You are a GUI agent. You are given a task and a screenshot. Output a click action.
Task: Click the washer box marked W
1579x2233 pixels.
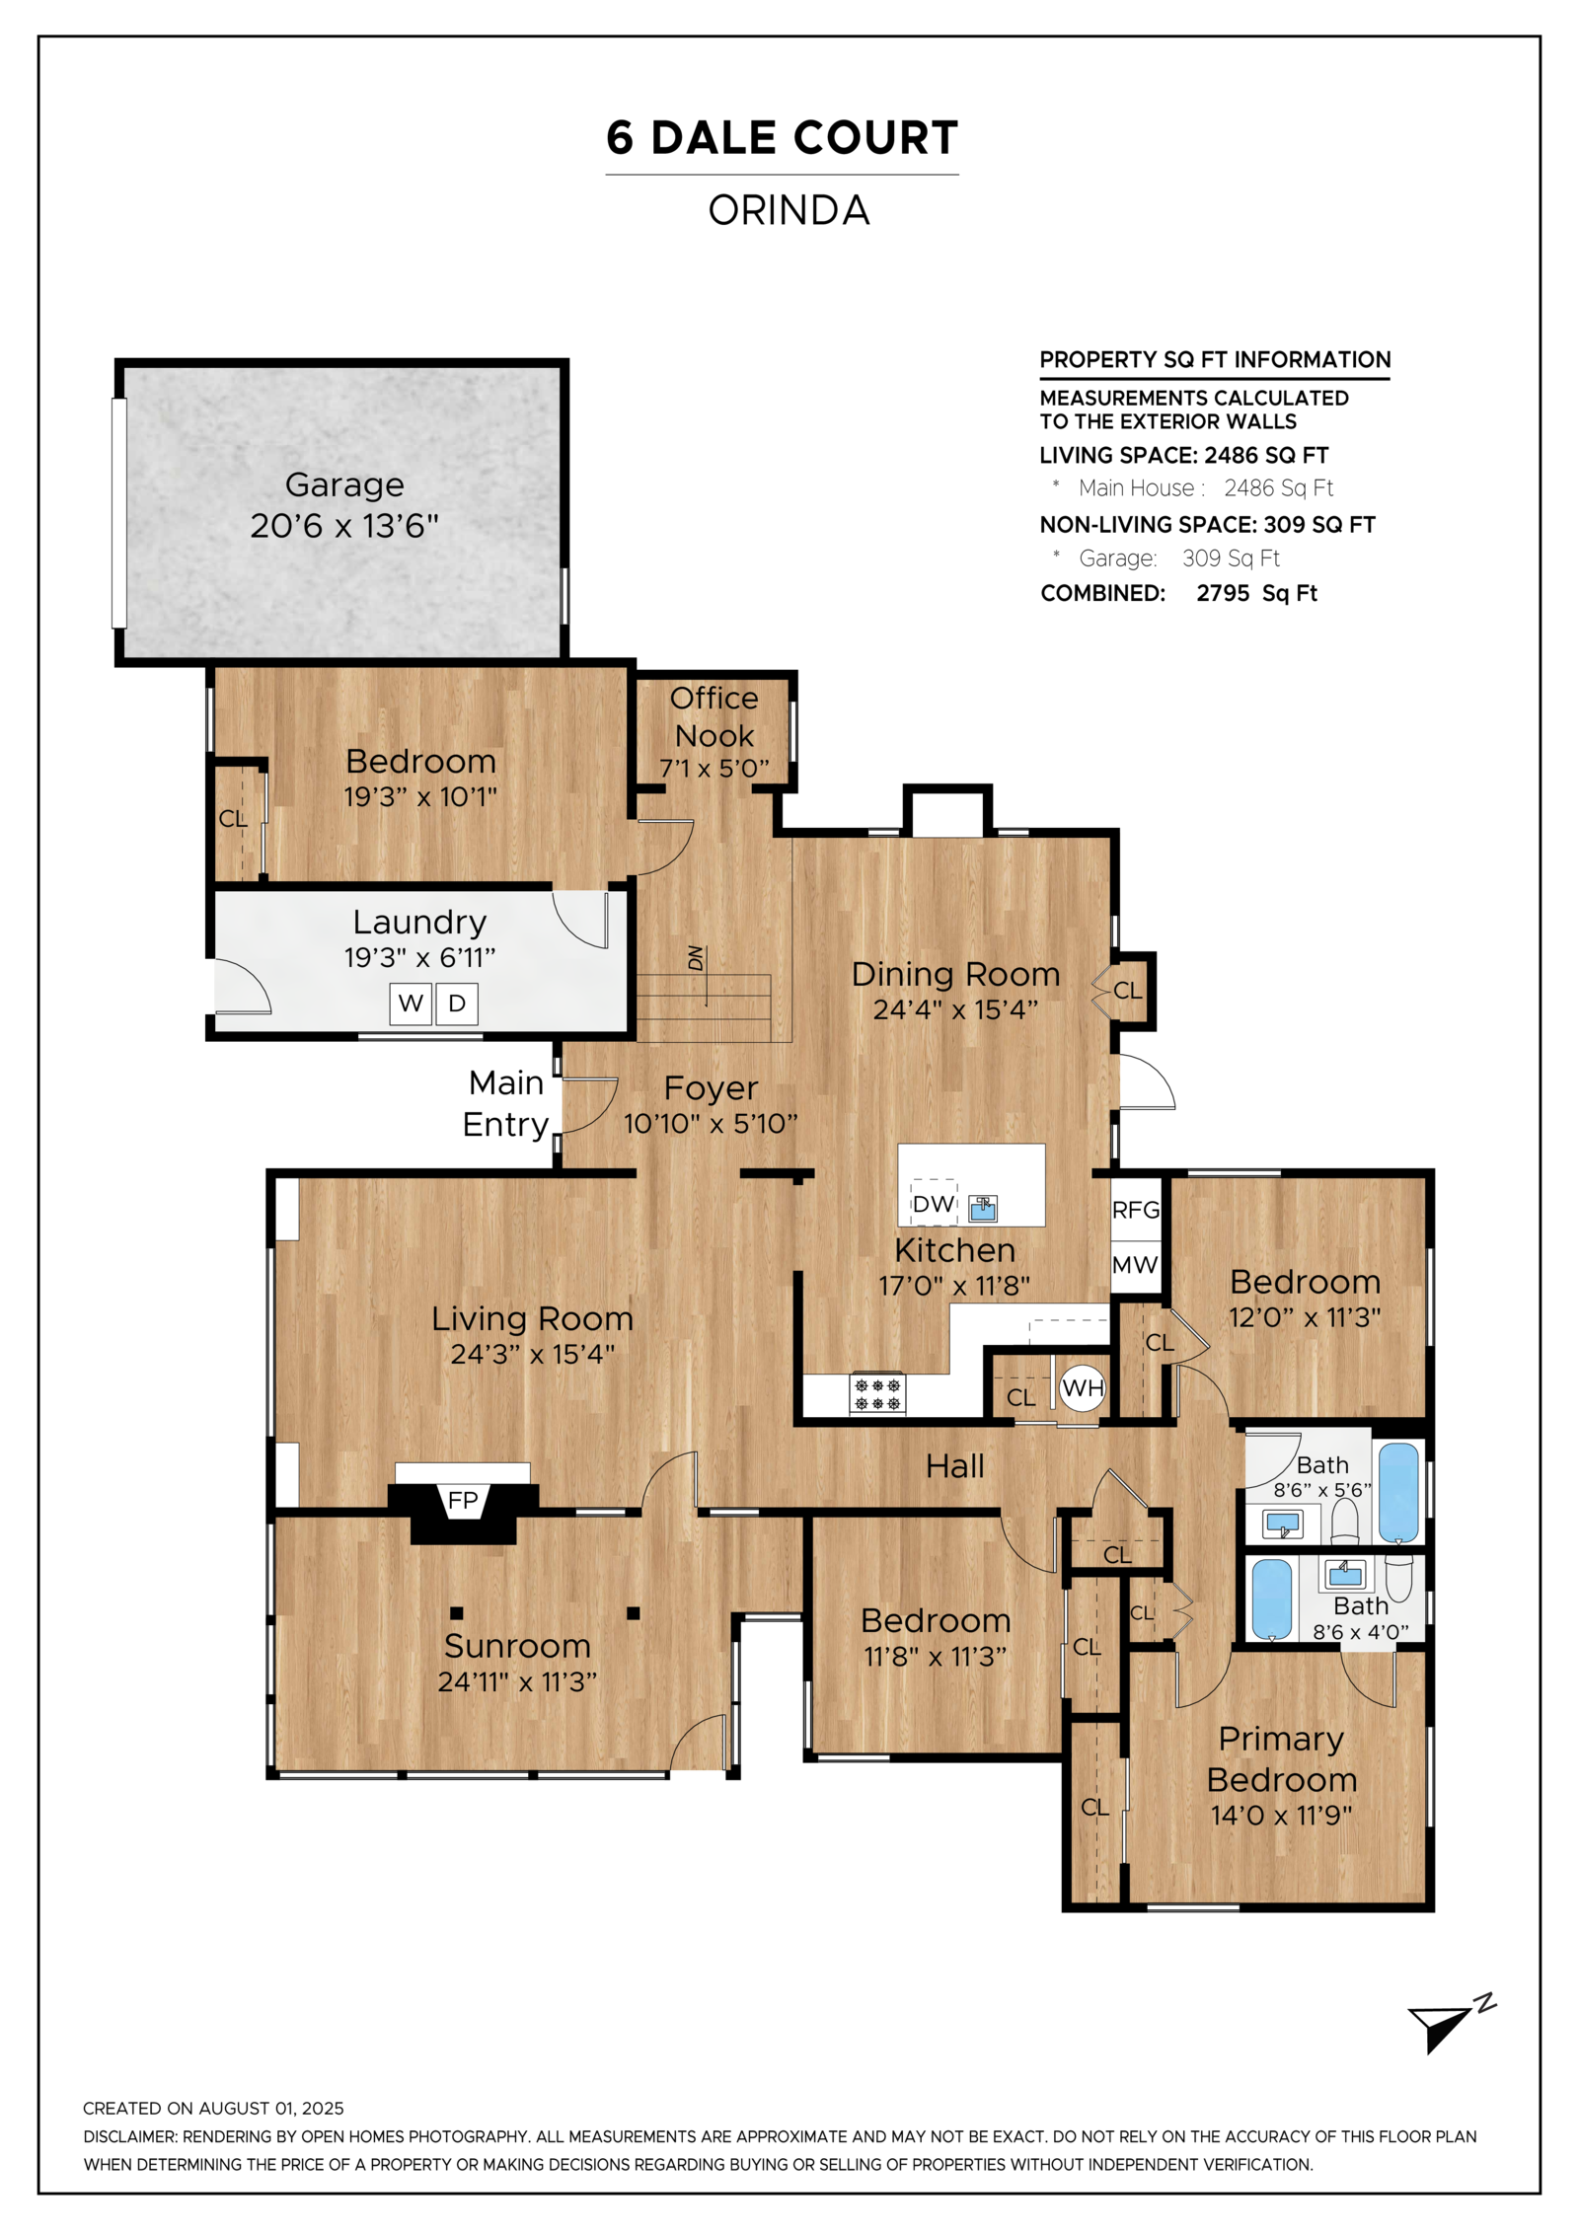[x=410, y=1004]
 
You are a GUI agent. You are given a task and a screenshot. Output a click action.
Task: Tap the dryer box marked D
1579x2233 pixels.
[x=457, y=1004]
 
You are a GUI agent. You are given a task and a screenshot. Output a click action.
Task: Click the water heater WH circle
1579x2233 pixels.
[x=1082, y=1388]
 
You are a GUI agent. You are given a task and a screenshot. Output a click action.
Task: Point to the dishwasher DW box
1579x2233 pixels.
[x=933, y=1203]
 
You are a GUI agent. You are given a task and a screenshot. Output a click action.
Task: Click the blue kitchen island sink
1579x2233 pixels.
[x=983, y=1208]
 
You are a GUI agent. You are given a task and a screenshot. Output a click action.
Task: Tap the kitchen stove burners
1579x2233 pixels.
[x=877, y=1394]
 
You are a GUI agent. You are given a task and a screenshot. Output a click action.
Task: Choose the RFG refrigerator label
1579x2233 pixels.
[x=1136, y=1210]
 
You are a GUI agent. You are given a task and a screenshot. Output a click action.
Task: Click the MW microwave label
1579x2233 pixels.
[x=1135, y=1265]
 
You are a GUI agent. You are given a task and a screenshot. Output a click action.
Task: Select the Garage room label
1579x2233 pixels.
[x=344, y=484]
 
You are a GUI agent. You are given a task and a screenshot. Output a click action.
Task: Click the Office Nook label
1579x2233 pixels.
[x=714, y=716]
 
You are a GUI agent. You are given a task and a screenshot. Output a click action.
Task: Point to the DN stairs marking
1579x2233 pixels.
[x=696, y=958]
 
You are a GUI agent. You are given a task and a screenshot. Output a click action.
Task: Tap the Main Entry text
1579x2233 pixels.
[x=505, y=1103]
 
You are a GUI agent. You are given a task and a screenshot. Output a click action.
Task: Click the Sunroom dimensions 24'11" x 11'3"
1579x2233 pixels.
[x=517, y=1681]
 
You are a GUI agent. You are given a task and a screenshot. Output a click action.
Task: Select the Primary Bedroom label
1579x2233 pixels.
[x=1281, y=1758]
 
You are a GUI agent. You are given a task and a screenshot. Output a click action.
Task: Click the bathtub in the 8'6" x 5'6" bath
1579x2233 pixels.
[x=1398, y=1492]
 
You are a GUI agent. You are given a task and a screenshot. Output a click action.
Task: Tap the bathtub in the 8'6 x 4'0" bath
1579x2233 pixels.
[x=1272, y=1600]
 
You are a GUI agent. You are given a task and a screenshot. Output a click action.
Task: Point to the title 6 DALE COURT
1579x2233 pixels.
[x=783, y=137]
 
